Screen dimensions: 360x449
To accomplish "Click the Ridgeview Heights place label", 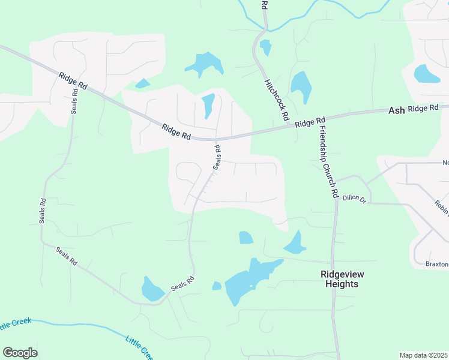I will click(342, 279).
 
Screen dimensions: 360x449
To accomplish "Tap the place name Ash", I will click(396, 110).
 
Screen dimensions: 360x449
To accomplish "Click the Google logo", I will click(20, 353).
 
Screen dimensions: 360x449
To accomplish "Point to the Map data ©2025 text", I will click(424, 355).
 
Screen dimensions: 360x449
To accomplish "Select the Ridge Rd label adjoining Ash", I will click(424, 109).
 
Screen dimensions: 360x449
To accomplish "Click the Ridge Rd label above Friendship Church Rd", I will click(310, 122).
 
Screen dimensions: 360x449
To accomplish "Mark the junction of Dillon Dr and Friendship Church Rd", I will click(337, 199).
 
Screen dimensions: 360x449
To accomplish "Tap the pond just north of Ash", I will click(427, 74).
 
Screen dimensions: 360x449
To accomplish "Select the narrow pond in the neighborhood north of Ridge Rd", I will click(208, 106).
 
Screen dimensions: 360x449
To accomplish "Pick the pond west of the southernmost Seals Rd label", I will click(152, 289).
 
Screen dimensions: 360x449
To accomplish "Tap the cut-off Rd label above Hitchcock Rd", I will click(264, 5).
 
